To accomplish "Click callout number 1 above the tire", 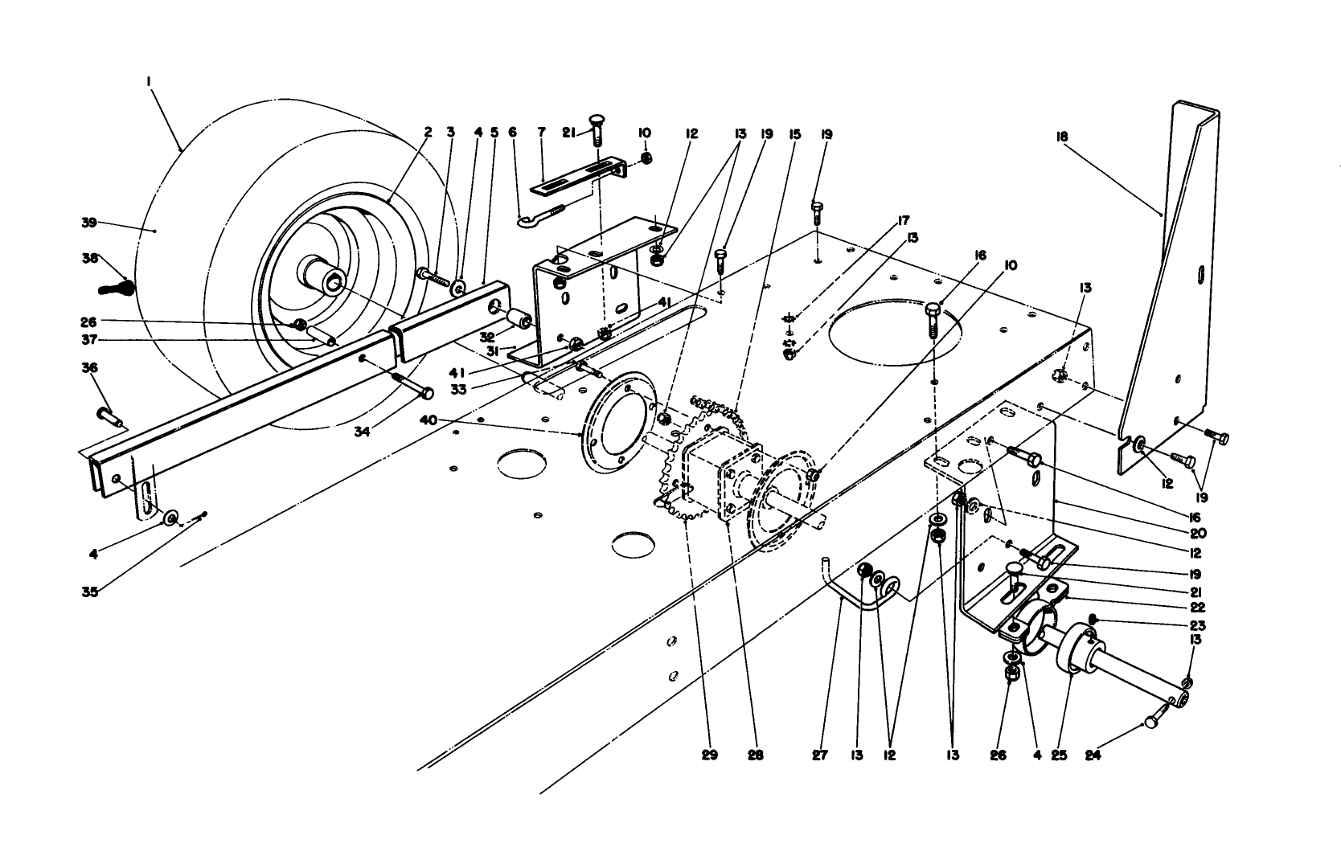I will (149, 81).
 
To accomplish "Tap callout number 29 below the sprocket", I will (709, 755).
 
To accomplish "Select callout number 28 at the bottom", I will (755, 755).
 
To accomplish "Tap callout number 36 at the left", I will (88, 367).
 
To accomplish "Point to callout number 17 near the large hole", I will (903, 219).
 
